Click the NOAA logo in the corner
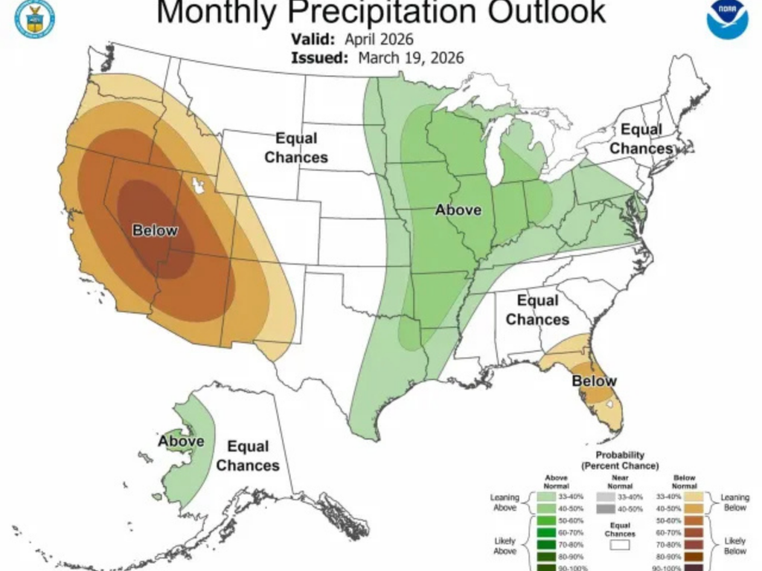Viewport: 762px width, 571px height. [726, 19]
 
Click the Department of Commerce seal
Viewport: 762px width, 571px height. [35, 18]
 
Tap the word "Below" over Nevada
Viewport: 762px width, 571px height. [155, 230]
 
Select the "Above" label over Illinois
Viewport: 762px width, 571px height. [458, 210]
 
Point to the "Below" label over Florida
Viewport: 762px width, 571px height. [594, 381]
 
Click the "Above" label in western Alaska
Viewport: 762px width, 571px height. [181, 442]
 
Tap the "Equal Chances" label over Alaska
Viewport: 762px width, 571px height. [248, 456]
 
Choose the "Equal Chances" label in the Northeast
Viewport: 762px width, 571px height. [641, 139]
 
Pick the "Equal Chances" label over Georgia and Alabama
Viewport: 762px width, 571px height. [537, 310]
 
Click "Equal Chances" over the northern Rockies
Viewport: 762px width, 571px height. [296, 148]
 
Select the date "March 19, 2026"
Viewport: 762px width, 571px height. [411, 58]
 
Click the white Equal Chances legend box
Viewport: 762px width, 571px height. [619, 545]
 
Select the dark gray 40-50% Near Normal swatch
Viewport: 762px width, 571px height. [605, 509]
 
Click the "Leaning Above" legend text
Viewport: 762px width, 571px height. [505, 502]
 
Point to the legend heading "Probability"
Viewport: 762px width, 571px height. [619, 454]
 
